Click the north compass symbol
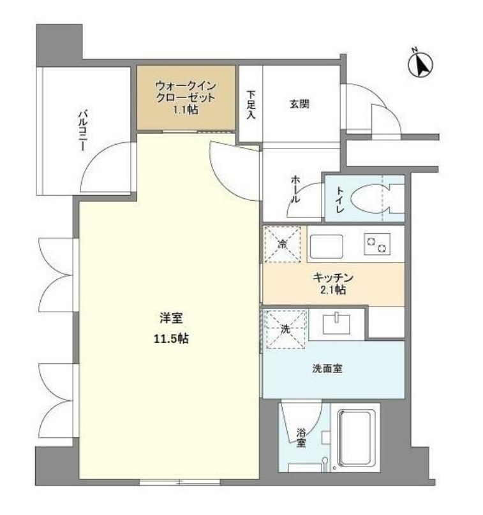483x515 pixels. tap(420, 64)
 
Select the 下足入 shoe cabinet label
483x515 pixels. tap(251, 106)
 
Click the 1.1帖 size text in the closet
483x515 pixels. tap(185, 110)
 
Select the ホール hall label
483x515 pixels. tap(295, 189)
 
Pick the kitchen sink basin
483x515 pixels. tap(325, 245)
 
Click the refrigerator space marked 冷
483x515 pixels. tap(283, 243)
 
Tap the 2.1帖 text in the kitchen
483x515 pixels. tap(333, 291)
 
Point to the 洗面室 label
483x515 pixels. tap(328, 368)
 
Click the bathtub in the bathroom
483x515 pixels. tap(357, 440)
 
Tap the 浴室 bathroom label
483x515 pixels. tap(301, 438)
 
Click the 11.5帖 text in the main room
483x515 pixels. tap(170, 339)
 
